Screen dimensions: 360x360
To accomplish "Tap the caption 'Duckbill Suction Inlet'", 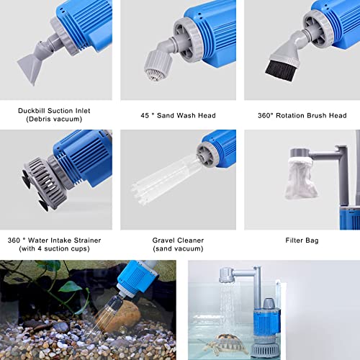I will coord(55,111).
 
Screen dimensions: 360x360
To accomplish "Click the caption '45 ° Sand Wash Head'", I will coord(178,114).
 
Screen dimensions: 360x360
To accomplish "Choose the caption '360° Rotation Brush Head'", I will coord(302,114).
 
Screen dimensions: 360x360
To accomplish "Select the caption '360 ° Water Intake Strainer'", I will coord(55,240).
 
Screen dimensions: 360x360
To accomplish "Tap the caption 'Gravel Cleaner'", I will coord(178,240).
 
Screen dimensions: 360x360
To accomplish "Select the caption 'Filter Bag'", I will coord(302,240).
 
